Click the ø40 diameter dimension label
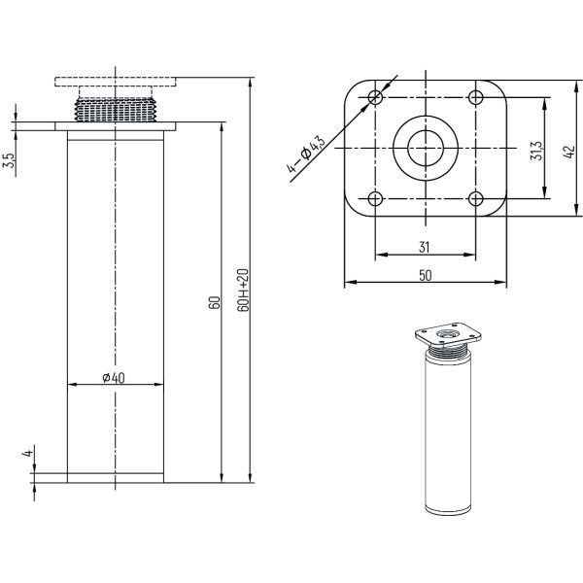click(x=114, y=378)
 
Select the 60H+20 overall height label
click(x=242, y=290)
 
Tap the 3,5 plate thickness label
click(x=9, y=160)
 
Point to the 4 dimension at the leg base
click(x=28, y=453)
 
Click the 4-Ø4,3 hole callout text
click(x=306, y=154)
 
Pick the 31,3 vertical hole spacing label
click(x=536, y=151)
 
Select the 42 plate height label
click(x=568, y=153)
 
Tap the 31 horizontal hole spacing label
click(x=425, y=247)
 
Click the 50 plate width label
click(x=426, y=276)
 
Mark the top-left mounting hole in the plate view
click(x=375, y=97)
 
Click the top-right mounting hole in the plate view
click(x=475, y=97)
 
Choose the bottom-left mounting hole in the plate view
click(x=375, y=198)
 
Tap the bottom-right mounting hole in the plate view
click(x=475, y=198)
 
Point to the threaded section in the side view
click(x=115, y=110)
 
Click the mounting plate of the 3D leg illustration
click(x=448, y=333)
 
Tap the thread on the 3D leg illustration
click(x=449, y=350)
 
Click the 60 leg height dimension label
click(x=215, y=302)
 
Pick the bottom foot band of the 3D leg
click(x=448, y=510)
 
